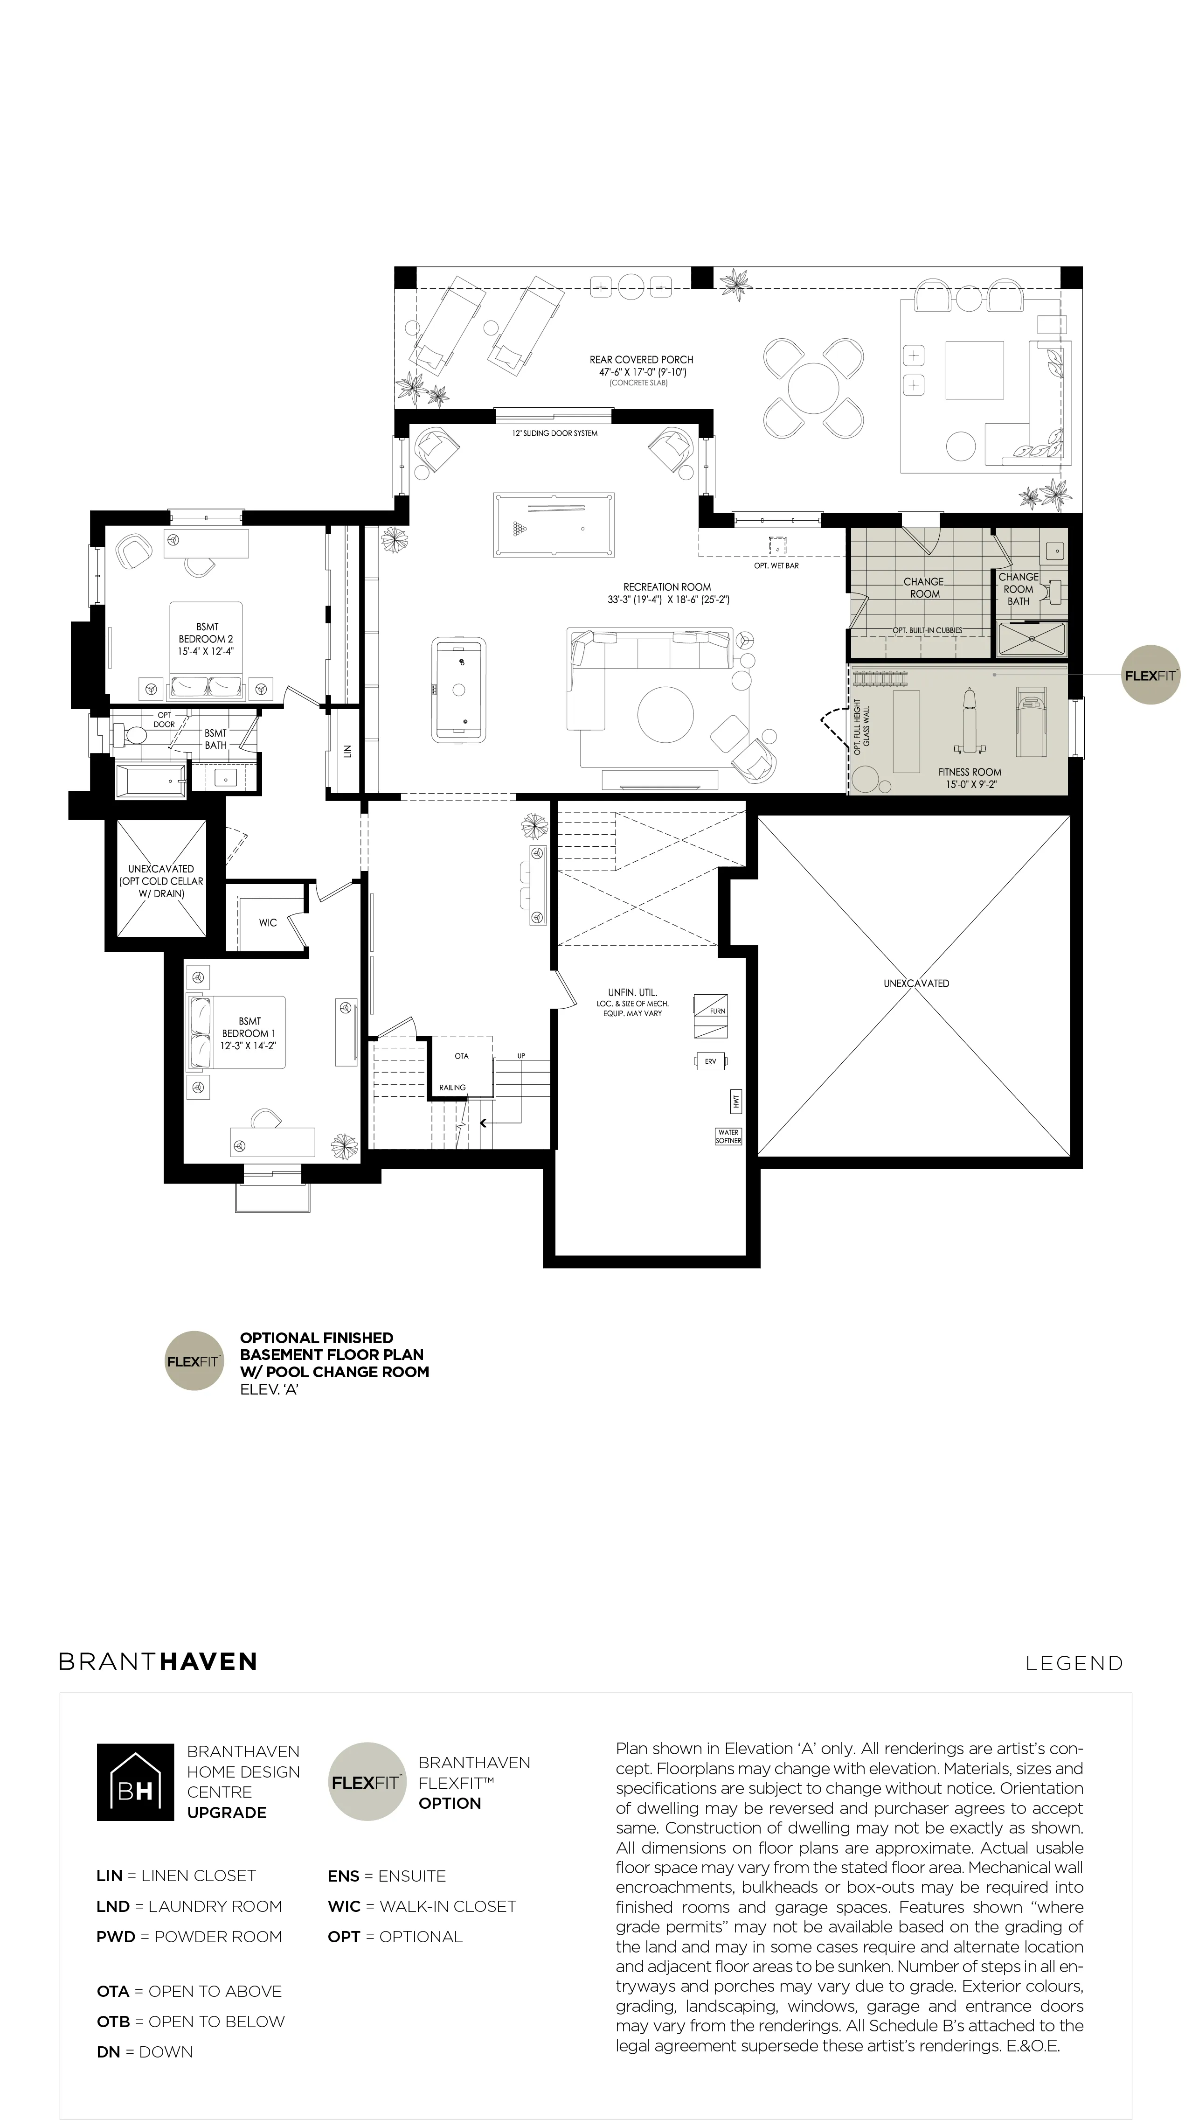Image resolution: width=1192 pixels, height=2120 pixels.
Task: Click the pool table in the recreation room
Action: click(553, 524)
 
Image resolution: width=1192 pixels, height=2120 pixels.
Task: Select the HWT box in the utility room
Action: click(736, 1100)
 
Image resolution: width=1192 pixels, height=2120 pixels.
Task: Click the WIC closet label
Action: click(268, 922)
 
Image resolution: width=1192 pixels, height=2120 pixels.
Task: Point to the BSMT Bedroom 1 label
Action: click(249, 1034)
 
